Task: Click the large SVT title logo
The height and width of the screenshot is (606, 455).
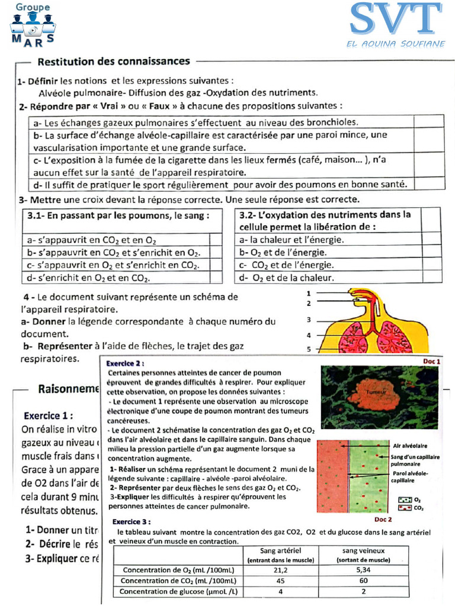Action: coord(396,19)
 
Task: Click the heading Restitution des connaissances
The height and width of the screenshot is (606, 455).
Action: coord(114,61)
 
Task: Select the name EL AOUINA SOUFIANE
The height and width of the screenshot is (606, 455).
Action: coord(395,44)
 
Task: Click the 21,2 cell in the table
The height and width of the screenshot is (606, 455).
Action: coord(280,570)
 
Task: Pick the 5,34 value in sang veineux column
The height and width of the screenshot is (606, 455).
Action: coord(363,570)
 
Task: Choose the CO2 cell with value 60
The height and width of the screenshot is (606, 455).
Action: coord(363,581)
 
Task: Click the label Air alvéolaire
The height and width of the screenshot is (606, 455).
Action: coord(410,446)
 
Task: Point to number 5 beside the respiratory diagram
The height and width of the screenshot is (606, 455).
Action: coord(309,349)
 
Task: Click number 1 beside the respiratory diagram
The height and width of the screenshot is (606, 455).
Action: coord(309,293)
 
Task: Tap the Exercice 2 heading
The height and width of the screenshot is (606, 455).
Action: coord(125,363)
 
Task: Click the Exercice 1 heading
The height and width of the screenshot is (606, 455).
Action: coord(49,415)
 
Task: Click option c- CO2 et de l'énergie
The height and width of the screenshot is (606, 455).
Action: coord(287,265)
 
